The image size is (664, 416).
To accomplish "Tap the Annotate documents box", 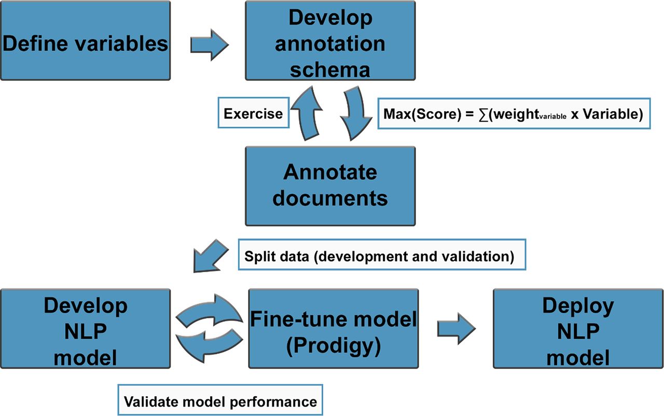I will pyautogui.click(x=330, y=186).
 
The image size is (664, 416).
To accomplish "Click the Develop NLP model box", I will pyautogui.click(x=86, y=329).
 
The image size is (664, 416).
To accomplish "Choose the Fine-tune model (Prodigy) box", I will pyautogui.click(x=333, y=329).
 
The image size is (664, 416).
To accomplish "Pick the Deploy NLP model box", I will pyautogui.click(x=577, y=329).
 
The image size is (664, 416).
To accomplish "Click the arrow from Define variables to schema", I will pyautogui.click(x=209, y=45).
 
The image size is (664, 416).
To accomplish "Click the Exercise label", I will pyautogui.click(x=253, y=114).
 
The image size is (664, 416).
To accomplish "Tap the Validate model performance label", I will pyautogui.click(x=220, y=401).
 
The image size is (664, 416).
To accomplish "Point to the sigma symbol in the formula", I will pyautogui.click(x=485, y=114).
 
